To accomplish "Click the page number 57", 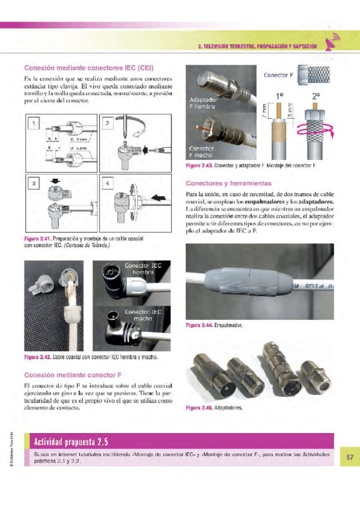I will (x=349, y=458).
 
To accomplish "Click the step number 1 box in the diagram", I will (x=34, y=124).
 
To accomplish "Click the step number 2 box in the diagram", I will (x=108, y=124).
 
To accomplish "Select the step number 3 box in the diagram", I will (x=34, y=181).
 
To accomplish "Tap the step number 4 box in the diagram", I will (x=108, y=181).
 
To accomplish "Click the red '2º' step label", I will (x=316, y=96).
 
